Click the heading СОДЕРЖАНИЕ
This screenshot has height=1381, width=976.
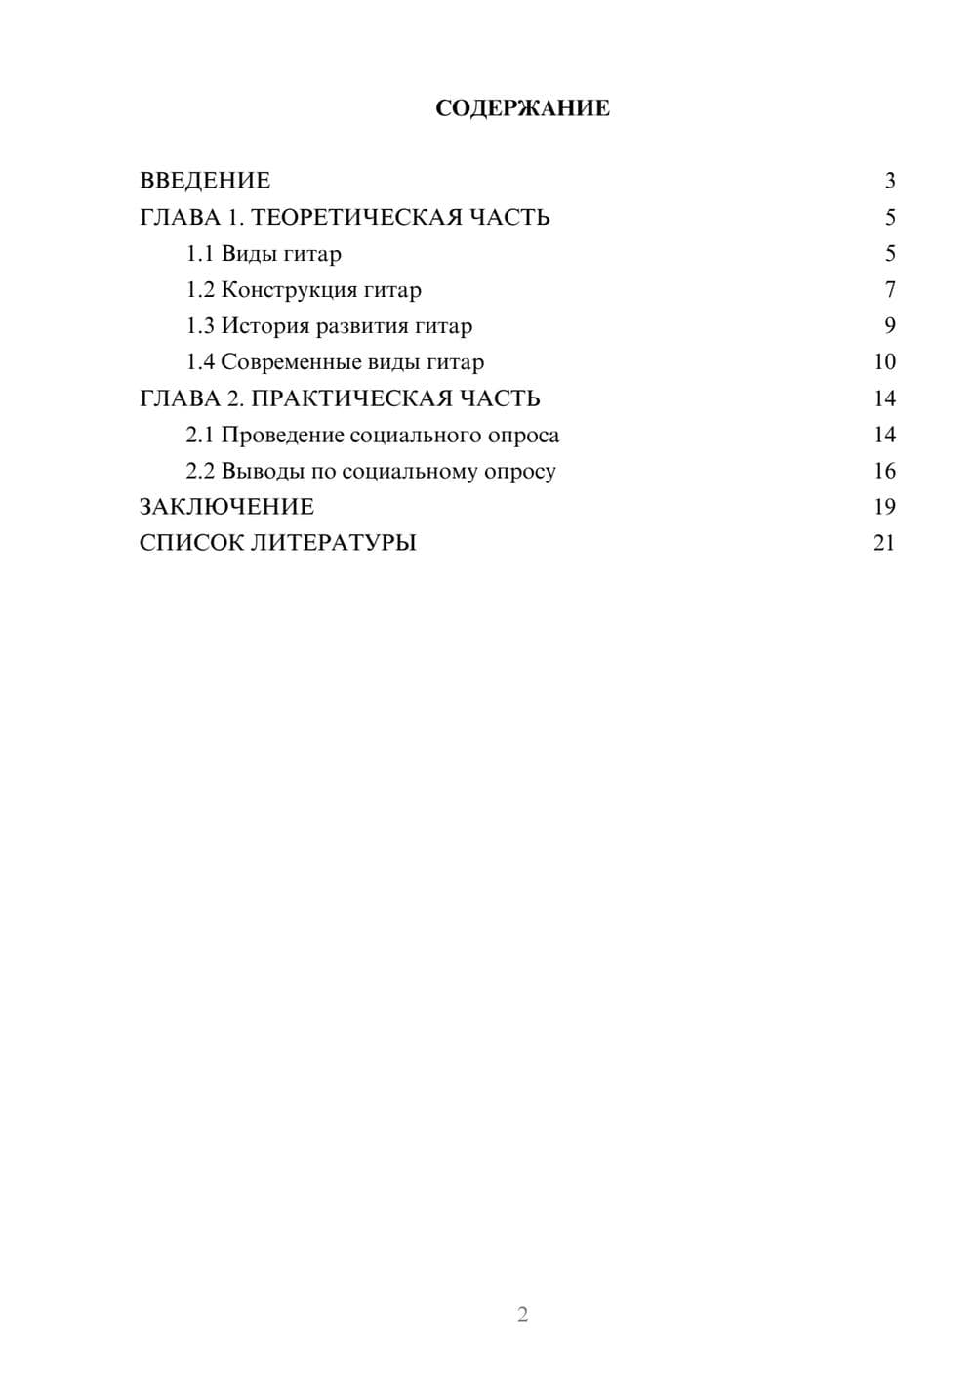click(522, 108)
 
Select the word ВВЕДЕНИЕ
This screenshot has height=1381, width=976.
click(205, 181)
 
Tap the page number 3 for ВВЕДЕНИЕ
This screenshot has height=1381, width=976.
click(889, 181)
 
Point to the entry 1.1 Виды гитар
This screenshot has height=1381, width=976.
click(264, 254)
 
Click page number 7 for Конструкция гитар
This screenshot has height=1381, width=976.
click(889, 290)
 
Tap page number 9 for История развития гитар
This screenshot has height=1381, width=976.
click(889, 326)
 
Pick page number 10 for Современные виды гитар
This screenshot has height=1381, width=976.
click(884, 362)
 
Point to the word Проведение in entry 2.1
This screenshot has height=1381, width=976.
click(281, 435)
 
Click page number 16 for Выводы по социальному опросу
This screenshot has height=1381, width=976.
click(884, 471)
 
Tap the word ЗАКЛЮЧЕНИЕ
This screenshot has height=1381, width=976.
click(226, 507)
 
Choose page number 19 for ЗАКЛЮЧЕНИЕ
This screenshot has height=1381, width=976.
click(884, 507)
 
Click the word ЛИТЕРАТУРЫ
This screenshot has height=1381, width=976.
click(335, 543)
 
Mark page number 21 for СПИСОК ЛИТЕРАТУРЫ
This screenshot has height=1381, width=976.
click(884, 543)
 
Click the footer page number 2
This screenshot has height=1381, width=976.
click(522, 1315)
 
